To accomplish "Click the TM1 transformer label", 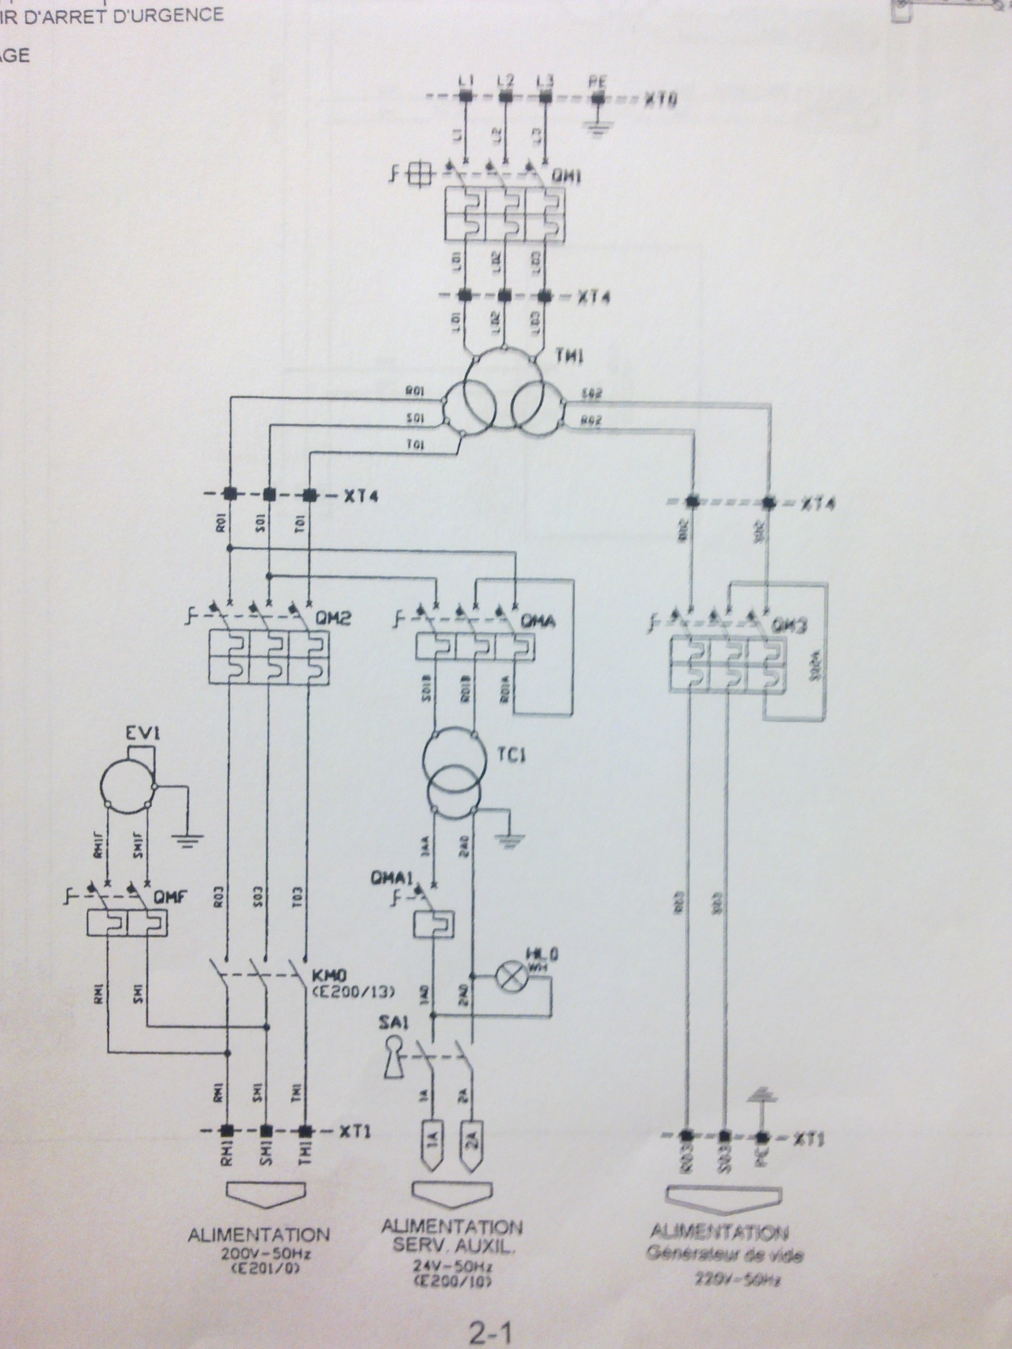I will (568, 356).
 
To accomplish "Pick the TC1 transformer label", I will (516, 755).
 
